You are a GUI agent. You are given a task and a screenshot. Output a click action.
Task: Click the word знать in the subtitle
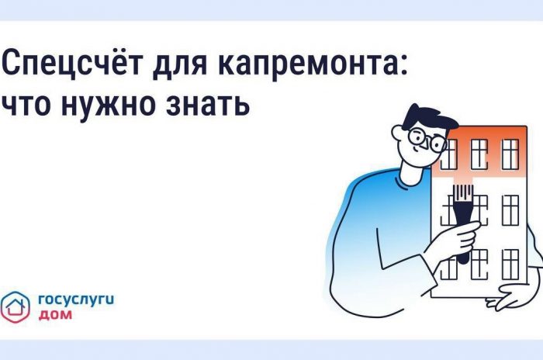click(207, 104)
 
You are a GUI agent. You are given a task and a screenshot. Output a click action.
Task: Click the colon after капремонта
click(403, 65)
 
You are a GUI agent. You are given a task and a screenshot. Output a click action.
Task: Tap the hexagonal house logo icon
click(16, 307)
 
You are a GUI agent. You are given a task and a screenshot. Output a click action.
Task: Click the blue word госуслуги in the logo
click(76, 300)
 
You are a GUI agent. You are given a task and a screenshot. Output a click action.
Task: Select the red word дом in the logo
click(55, 314)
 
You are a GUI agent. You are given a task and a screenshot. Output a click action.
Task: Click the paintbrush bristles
click(463, 192)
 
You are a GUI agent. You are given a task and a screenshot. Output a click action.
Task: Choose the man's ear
click(398, 133)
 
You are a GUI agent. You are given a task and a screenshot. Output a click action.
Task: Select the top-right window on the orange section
click(510, 154)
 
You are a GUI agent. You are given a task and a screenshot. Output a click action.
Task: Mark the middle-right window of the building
click(510, 210)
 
